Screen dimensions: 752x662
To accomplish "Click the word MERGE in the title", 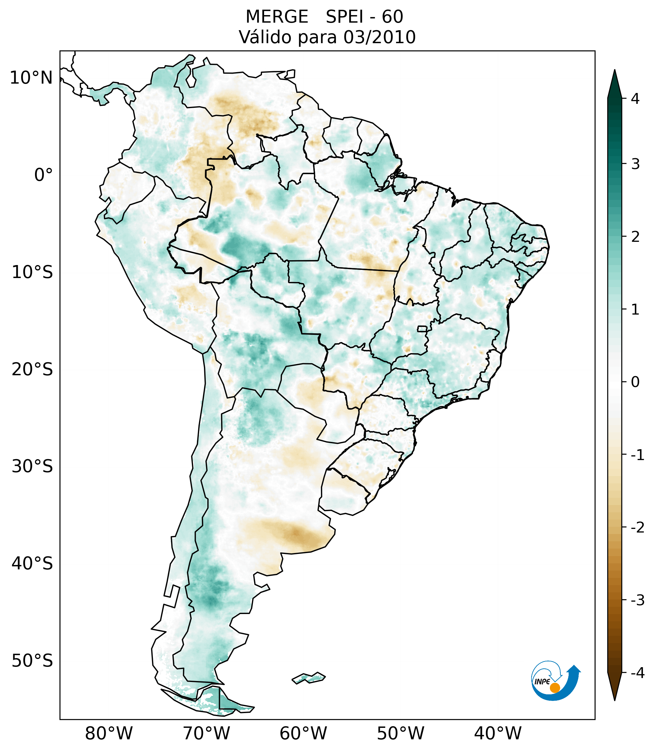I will (x=277, y=17).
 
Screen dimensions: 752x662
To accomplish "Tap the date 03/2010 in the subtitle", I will (x=379, y=37).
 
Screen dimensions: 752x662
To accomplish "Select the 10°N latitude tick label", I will (x=31, y=78).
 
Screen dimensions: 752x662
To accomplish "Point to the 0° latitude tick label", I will (x=44, y=175).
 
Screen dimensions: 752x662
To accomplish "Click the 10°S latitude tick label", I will (x=32, y=272).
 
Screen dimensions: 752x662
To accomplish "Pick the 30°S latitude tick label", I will (x=32, y=466).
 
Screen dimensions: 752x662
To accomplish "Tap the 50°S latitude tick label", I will (x=32, y=661).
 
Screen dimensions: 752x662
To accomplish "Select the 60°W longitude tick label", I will (x=303, y=734).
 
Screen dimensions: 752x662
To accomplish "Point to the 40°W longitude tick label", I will (x=498, y=734).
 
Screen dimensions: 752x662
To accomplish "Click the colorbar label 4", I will (x=635, y=99).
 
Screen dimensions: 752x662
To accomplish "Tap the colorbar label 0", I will (x=635, y=382).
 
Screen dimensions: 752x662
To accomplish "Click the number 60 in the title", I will (x=392, y=17).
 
